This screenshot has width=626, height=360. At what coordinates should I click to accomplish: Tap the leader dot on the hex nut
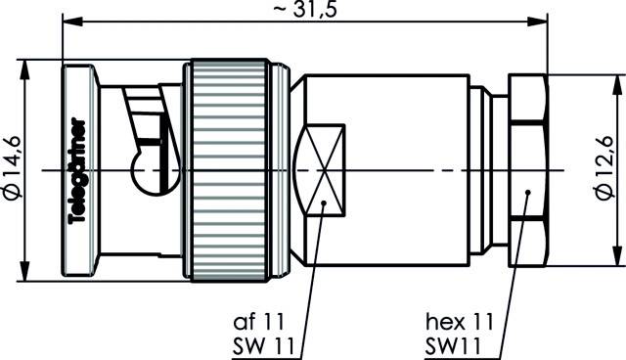click(527, 195)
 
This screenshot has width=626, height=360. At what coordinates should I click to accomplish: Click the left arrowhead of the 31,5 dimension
click(68, 21)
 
